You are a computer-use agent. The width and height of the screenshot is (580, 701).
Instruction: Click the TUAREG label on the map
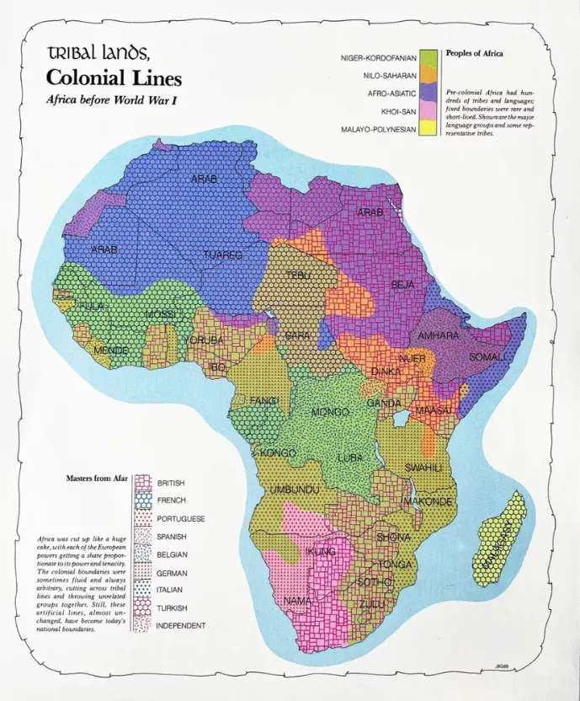point(222,254)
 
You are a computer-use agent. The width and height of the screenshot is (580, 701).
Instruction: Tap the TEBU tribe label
point(298,276)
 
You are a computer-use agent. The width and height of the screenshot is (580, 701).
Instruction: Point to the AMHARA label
point(438,335)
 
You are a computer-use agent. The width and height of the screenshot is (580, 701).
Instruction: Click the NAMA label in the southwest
point(297,602)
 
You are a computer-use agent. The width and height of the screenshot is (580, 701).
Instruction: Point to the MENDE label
point(110,350)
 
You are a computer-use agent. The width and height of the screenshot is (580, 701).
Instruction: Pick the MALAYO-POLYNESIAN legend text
point(380,130)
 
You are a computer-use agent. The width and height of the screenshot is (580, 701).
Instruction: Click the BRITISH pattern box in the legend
point(141,483)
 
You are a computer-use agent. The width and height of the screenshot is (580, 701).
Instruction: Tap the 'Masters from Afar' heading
point(98,478)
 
